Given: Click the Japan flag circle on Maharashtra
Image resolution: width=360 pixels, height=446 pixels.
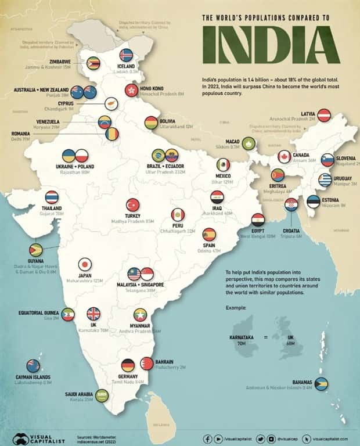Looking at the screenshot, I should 85,264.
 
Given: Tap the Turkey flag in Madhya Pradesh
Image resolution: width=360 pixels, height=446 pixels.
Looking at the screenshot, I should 133,205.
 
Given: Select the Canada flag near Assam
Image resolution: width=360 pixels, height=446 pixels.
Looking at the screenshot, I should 284,156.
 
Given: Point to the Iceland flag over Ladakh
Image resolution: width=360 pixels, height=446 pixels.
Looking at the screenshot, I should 126,55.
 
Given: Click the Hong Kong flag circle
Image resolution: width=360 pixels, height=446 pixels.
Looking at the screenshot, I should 130,90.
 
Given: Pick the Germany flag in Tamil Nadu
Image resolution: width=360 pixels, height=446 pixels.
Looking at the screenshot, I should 128,365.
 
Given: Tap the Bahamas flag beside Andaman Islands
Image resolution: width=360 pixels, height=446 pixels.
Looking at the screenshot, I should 322,384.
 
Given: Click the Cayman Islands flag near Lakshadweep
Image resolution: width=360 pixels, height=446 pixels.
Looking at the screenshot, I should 33,366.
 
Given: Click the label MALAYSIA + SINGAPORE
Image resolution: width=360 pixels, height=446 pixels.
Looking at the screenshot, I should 143,285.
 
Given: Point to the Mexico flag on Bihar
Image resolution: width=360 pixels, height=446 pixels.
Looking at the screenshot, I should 223,166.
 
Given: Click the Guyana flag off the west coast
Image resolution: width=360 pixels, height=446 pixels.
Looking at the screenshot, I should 35,250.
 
